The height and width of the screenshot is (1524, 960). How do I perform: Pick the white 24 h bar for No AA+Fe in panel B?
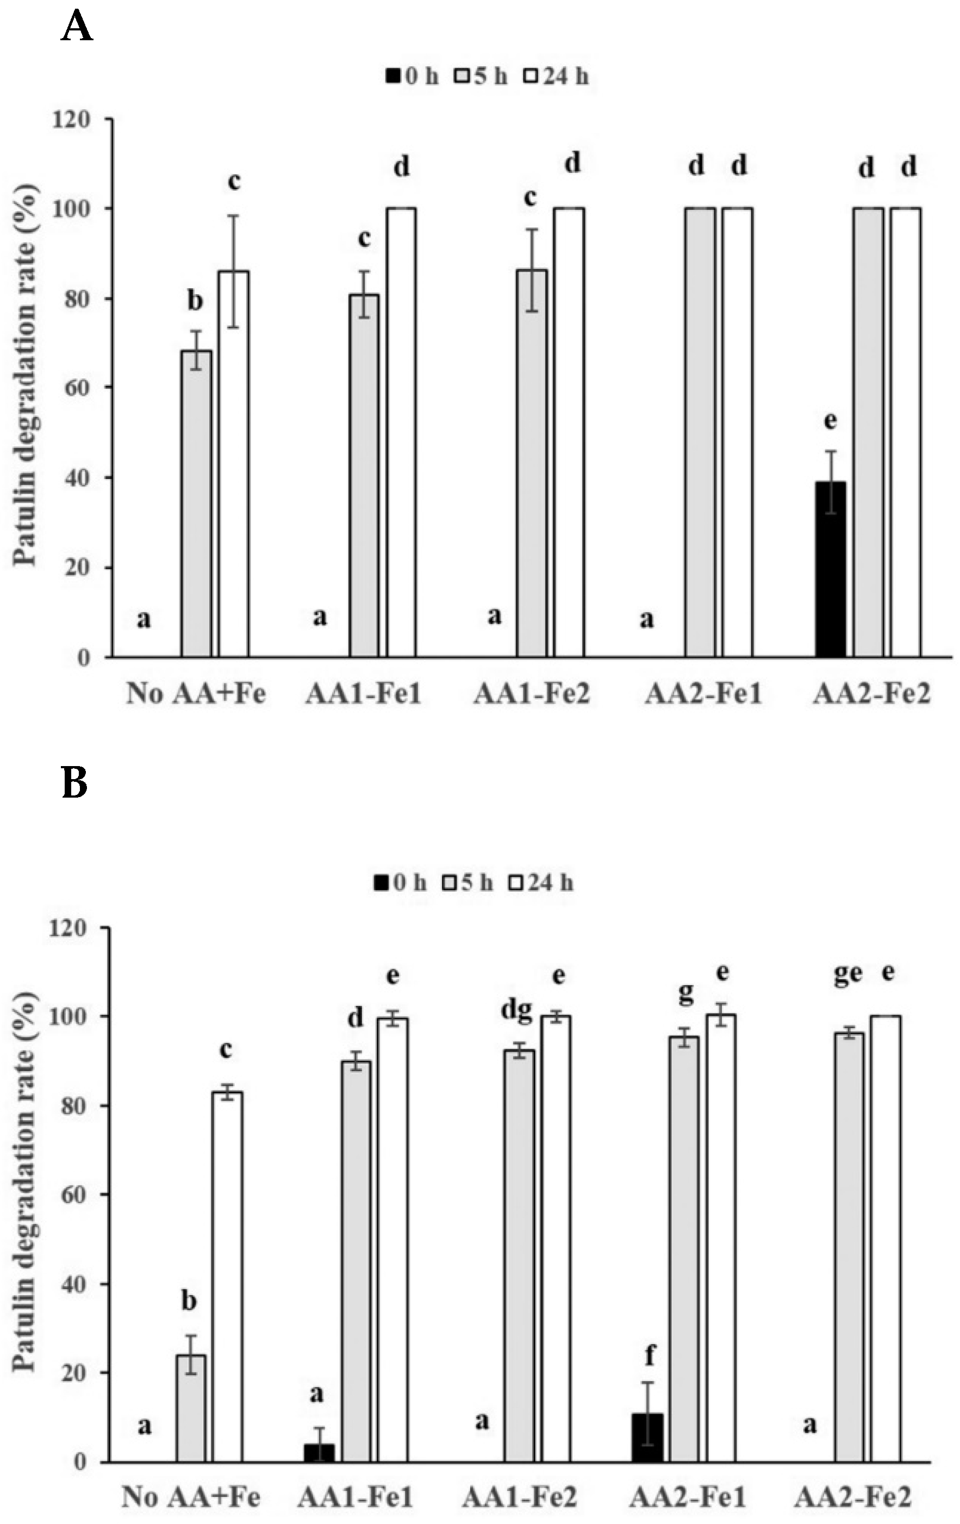(x=227, y=1277)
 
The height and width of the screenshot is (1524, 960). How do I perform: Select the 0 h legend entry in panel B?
(x=400, y=883)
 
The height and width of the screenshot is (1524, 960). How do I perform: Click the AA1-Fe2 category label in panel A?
(x=532, y=694)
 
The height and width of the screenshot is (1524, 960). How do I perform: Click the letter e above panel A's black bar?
(x=830, y=420)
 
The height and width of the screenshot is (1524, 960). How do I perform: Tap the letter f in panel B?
(x=649, y=1355)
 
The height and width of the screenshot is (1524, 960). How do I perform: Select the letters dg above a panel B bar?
(x=516, y=1010)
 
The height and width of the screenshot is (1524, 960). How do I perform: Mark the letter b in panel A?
(x=195, y=301)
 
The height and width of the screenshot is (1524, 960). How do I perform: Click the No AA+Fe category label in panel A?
(x=196, y=694)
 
